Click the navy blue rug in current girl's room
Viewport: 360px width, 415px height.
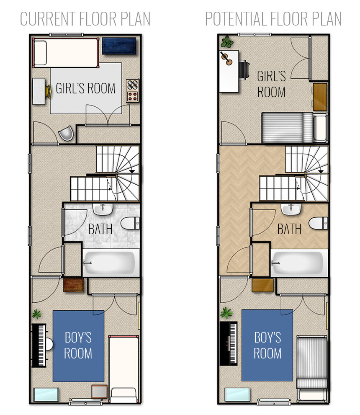click(x=119, y=46)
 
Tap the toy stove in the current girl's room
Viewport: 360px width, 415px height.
click(x=133, y=91)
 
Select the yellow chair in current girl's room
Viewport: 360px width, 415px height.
click(x=48, y=91)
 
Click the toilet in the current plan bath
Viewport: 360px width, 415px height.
click(x=130, y=223)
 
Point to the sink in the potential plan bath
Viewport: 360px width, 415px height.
click(x=291, y=209)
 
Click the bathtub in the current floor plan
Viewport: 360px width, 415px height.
click(x=111, y=263)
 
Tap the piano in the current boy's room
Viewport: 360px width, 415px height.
click(x=39, y=345)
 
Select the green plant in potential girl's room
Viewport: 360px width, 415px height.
click(x=227, y=42)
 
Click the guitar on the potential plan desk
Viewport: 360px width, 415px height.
click(x=226, y=59)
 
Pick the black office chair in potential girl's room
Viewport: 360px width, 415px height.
click(x=244, y=70)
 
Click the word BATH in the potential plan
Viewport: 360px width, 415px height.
click(x=289, y=229)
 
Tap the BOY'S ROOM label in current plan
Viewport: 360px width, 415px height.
click(x=78, y=345)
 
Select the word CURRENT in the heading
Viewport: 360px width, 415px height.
click(x=48, y=19)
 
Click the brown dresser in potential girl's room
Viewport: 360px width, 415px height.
click(x=320, y=97)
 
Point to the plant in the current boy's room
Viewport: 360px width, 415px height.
click(x=37, y=314)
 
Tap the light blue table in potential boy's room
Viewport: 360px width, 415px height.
click(x=237, y=394)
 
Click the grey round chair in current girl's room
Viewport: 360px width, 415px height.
click(x=66, y=133)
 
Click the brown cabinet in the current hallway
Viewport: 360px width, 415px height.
click(x=74, y=285)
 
